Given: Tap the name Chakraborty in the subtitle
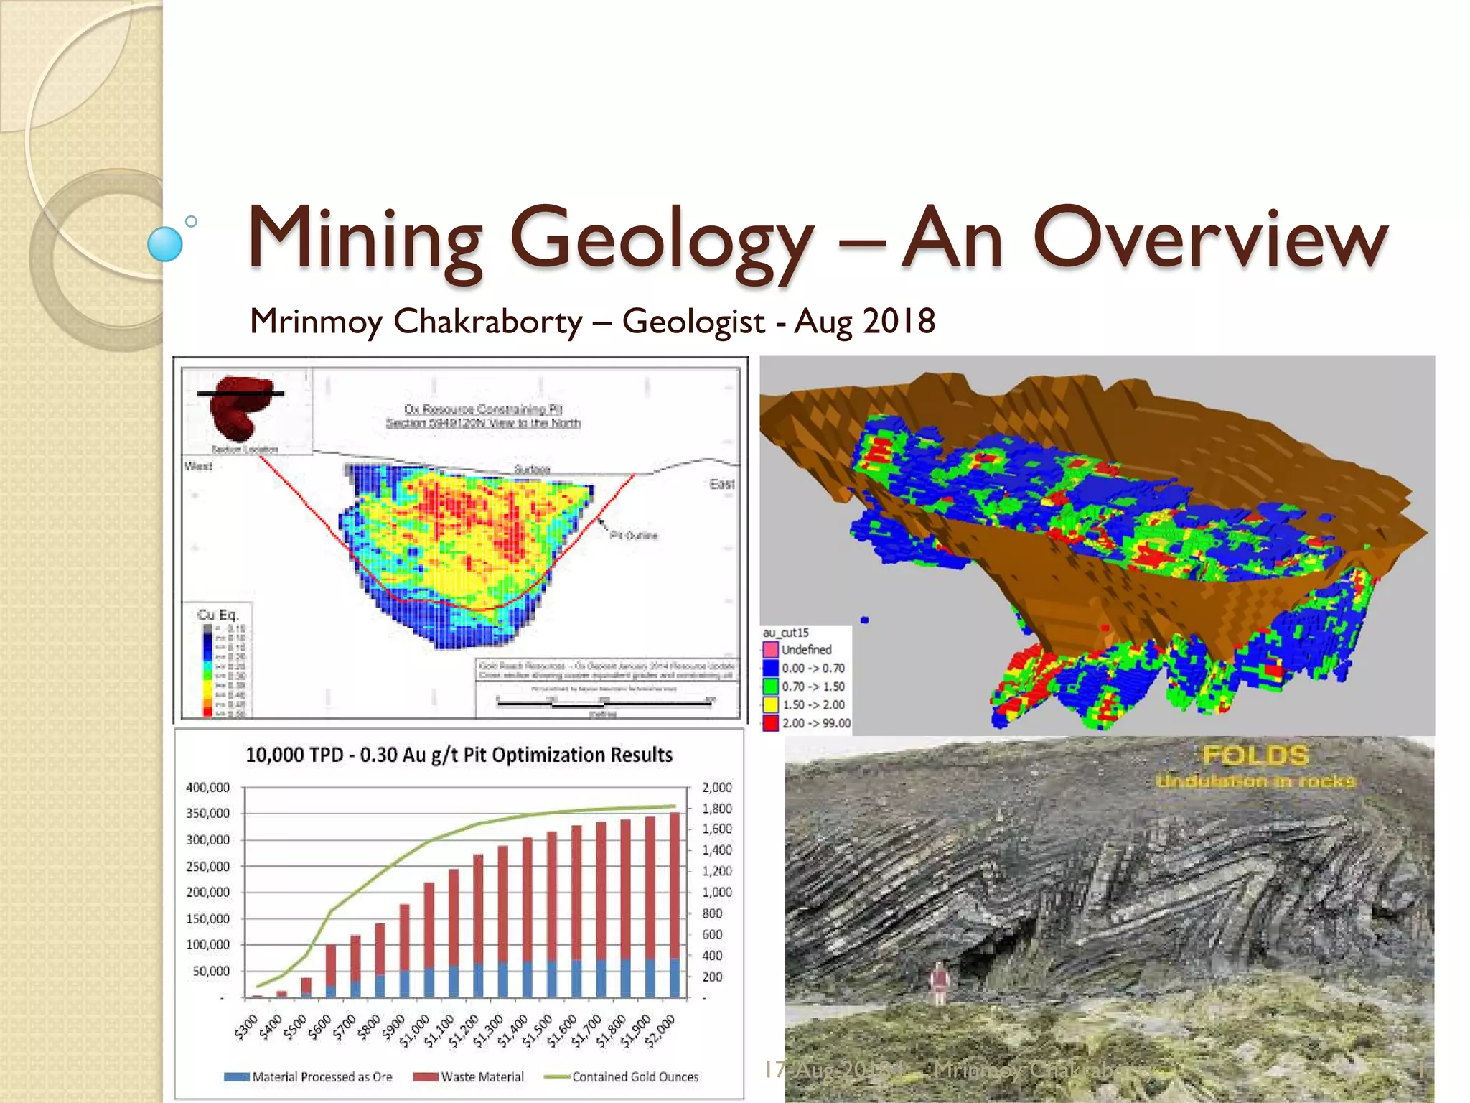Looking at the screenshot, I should click(487, 321).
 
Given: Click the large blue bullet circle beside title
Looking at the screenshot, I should click(165, 243).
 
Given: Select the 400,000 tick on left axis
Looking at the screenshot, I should click(207, 788).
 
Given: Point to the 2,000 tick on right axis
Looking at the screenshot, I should click(716, 788).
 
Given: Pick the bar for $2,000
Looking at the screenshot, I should click(675, 905).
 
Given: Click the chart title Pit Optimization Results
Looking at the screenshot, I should click(459, 755).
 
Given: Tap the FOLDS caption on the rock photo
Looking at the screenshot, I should click(1255, 755).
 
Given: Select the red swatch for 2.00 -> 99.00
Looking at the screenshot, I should click(770, 723).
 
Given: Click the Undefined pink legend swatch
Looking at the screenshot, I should click(770, 649).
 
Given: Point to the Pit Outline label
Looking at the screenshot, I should click(634, 535).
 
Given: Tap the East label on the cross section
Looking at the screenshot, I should click(722, 484).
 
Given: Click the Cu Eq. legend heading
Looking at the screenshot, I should click(217, 615).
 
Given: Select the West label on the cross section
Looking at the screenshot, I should click(199, 466).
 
